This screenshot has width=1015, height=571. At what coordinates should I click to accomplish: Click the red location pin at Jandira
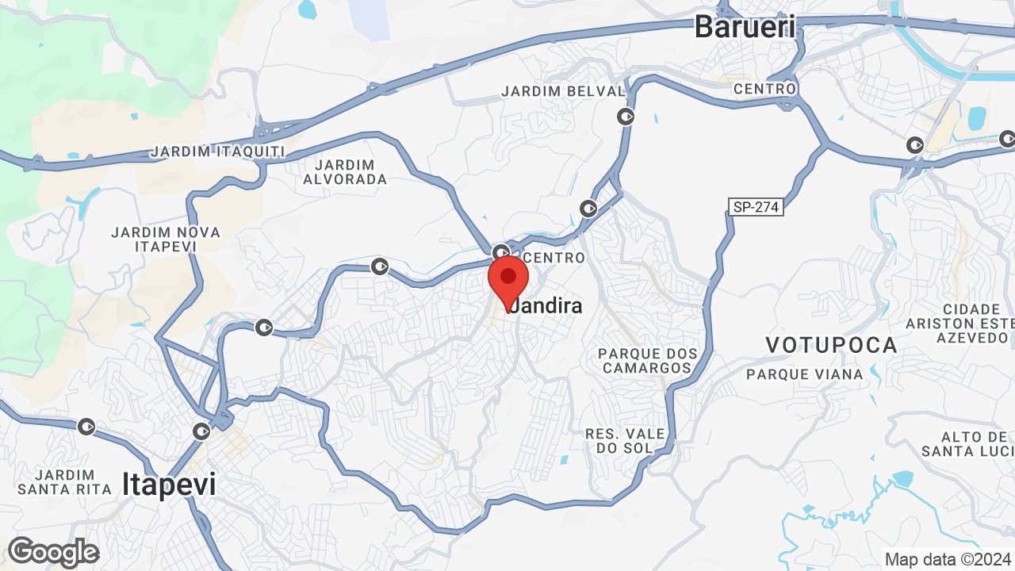(508, 279)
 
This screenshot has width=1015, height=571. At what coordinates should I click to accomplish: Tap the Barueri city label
(745, 26)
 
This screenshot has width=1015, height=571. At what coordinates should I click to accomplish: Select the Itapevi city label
(169, 484)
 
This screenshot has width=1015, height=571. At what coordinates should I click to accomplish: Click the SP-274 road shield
(756, 207)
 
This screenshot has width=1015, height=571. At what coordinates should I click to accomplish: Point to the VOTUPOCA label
(831, 345)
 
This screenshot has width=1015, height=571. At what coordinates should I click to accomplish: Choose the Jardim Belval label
(563, 91)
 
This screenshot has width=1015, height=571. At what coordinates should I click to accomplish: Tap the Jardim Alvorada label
(345, 172)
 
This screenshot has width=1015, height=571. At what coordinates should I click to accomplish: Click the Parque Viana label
(804, 374)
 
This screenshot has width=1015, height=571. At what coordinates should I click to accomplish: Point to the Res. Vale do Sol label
(625, 441)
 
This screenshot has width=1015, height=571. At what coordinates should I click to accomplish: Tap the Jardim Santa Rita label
(64, 481)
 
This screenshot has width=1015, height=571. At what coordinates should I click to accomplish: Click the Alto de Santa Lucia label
(968, 444)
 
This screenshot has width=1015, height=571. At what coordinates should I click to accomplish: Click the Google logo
(53, 552)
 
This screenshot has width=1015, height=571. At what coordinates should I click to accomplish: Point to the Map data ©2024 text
(948, 558)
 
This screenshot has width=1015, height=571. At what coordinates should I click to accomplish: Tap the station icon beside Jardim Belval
(626, 117)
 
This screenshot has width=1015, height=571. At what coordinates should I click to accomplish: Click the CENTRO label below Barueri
(764, 89)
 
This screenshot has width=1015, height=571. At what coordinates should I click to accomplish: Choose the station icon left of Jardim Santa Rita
(86, 427)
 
